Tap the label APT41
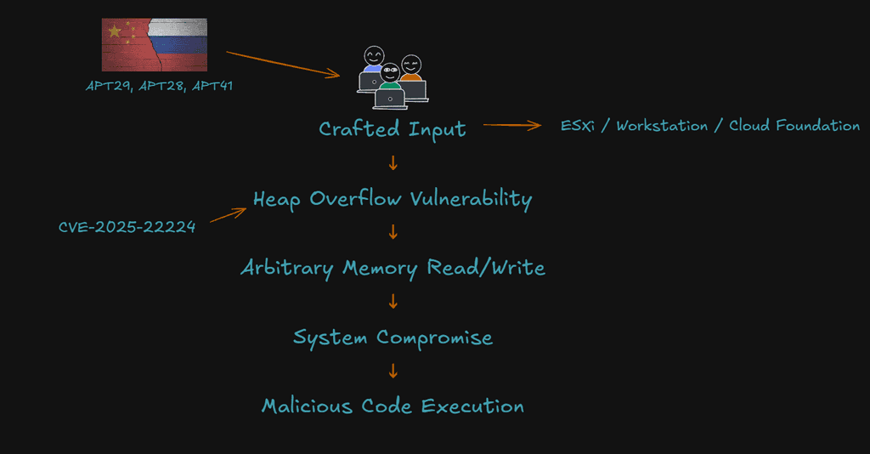pos(210,85)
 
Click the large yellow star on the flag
pos(114,31)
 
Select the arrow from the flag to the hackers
pos(282,65)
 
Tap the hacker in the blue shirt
pos(372,68)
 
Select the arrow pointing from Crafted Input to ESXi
pos(512,126)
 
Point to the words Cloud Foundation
pos(794,126)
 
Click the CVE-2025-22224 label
pos(127,227)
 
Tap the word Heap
pos(277,200)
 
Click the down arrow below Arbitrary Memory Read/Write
pos(393,301)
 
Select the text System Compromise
pos(393,337)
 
